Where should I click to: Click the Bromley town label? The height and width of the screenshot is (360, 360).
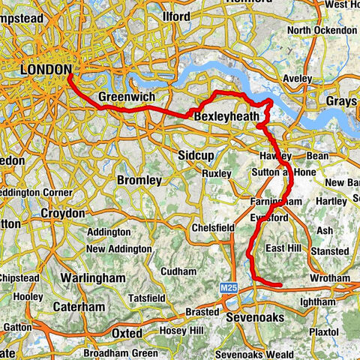click(x=139, y=181)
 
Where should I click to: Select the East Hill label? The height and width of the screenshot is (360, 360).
click(x=283, y=248)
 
